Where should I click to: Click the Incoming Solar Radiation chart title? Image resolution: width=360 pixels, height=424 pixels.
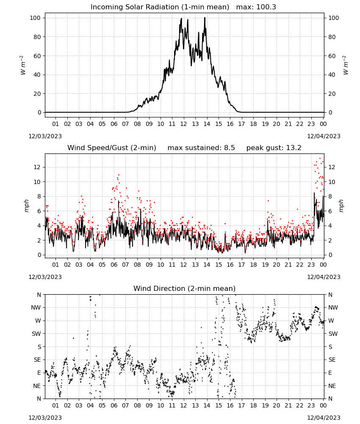point(160,7)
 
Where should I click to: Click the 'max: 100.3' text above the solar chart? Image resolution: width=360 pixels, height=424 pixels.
point(256,7)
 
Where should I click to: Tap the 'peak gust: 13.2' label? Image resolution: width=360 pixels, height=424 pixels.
point(274,148)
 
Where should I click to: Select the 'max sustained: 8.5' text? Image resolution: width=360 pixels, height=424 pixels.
point(201,148)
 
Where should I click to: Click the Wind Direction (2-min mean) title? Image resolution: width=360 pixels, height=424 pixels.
point(185,288)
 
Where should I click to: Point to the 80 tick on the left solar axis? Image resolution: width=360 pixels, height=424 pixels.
point(37,37)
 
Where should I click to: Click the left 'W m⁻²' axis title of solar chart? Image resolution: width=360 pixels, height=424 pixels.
point(23,65)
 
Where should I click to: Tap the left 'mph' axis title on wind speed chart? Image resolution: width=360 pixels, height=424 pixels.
point(26,206)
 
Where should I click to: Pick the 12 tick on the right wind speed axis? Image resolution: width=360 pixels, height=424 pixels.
point(332,167)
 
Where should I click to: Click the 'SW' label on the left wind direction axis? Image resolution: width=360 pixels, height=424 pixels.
point(36,334)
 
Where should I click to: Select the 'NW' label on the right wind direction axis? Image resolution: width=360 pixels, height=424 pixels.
point(333,307)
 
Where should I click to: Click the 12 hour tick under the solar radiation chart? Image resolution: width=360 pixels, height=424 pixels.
point(183,124)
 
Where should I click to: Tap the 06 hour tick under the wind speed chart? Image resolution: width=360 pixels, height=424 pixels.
point(114,265)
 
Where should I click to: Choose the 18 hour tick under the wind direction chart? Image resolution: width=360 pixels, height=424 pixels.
point(253,405)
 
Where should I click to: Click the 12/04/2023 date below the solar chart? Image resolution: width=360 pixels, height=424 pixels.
point(324,136)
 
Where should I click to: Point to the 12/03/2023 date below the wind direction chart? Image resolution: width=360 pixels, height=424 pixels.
point(45,418)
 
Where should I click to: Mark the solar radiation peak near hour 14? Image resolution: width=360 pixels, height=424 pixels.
point(205,17)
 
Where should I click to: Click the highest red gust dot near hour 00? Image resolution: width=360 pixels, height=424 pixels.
point(320,159)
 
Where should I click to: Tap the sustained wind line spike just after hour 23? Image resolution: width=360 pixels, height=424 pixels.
point(314,193)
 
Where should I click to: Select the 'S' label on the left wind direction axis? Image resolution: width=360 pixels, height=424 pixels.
point(39,347)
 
